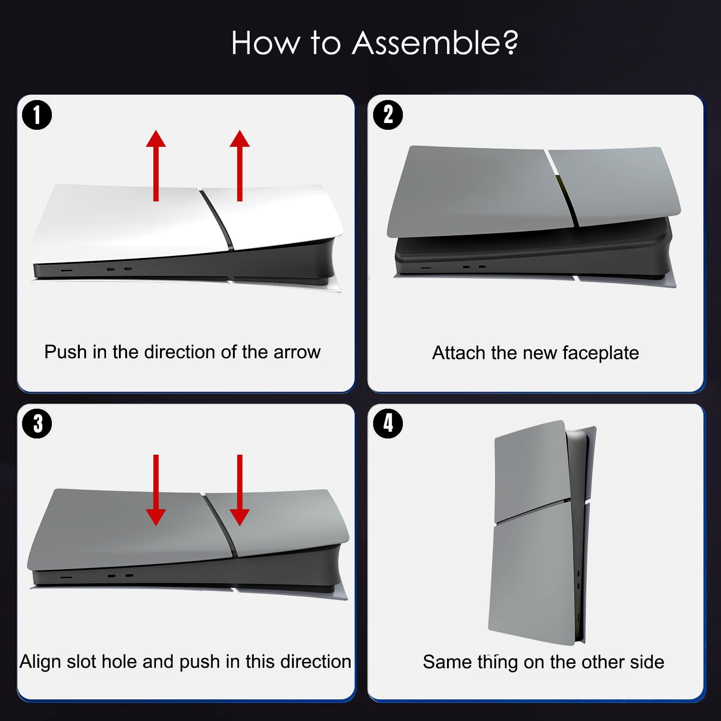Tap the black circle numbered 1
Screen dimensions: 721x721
(37, 115)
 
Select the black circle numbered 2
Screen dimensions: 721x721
(388, 115)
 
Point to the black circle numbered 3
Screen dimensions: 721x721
(37, 424)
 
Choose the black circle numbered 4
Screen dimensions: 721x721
(388, 424)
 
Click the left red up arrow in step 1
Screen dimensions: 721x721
(156, 165)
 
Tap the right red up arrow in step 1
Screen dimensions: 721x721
(240, 165)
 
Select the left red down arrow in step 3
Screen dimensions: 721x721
(156, 490)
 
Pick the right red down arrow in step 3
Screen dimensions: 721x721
(240, 490)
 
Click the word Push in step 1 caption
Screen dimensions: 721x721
(65, 352)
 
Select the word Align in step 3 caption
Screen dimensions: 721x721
(40, 662)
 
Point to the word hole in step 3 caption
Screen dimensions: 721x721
(119, 662)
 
